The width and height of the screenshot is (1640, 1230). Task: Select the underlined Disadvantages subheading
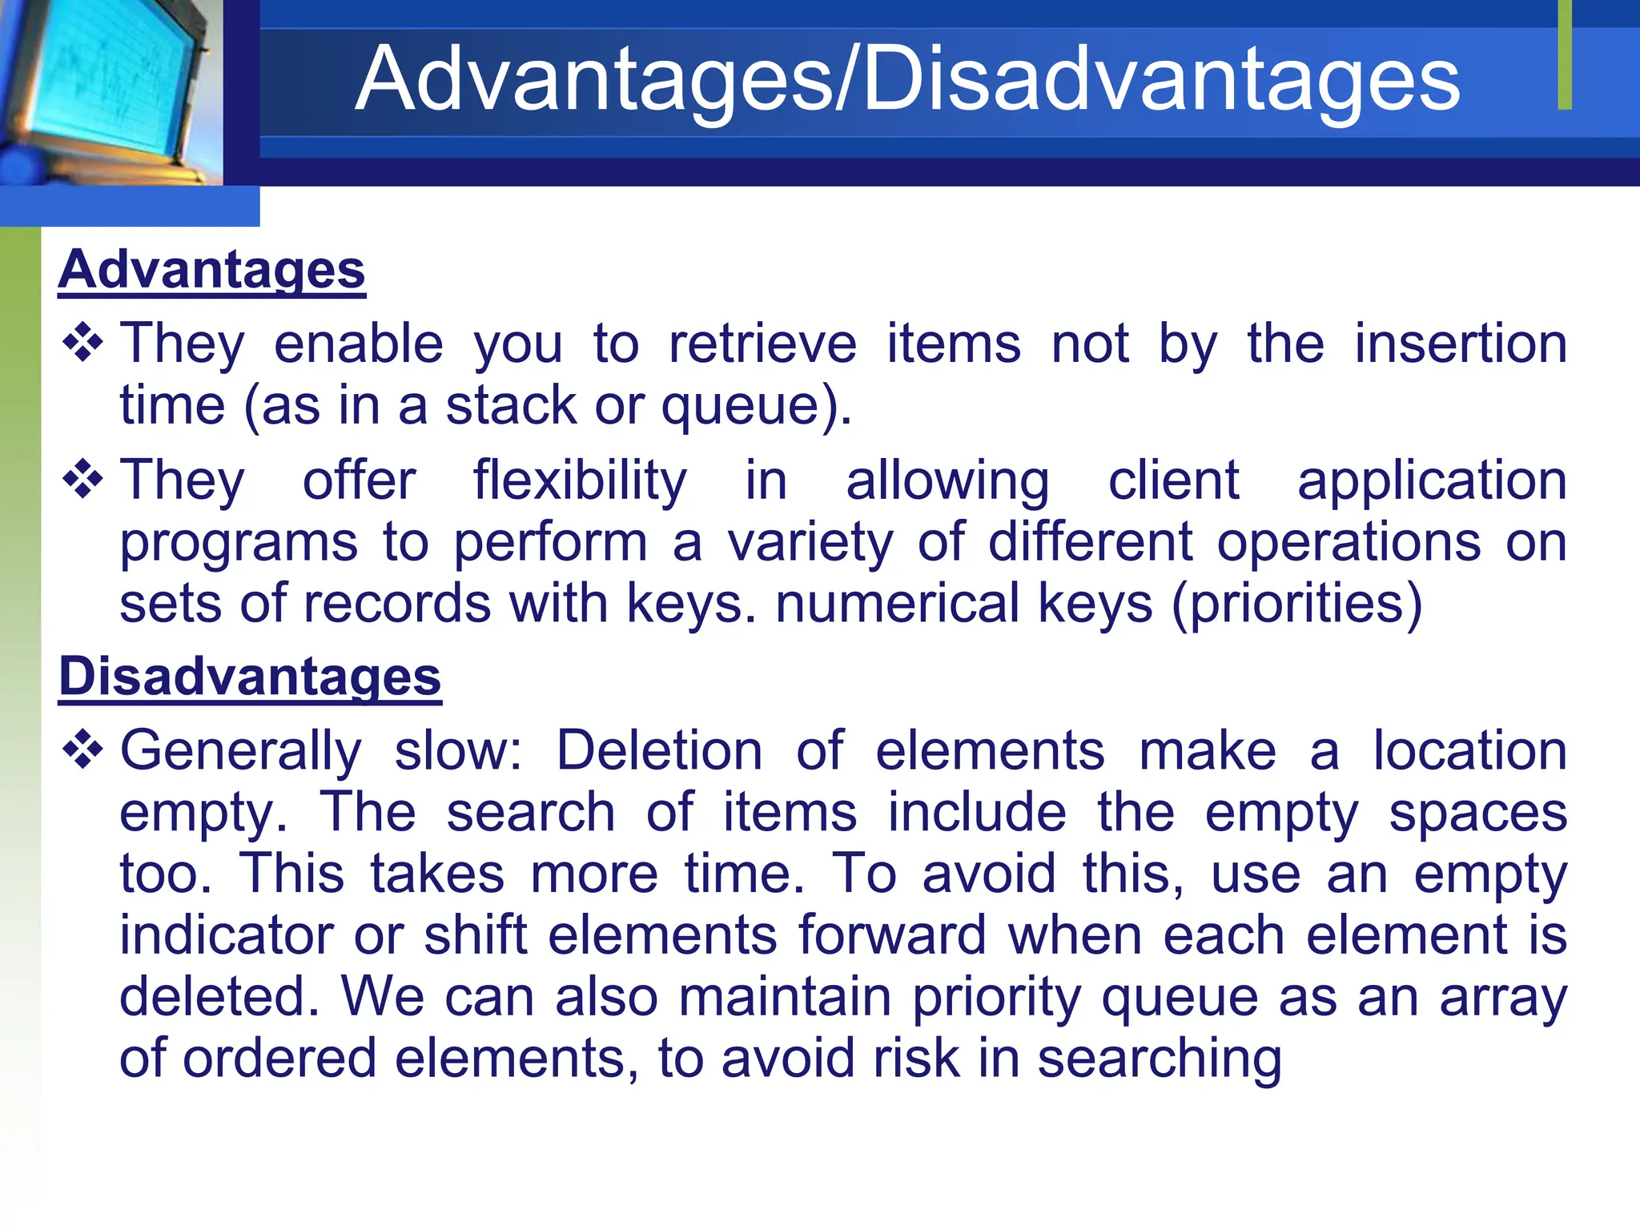coord(250,676)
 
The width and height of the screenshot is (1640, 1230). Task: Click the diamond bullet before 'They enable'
coord(83,344)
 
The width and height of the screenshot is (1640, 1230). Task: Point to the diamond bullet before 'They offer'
coord(83,480)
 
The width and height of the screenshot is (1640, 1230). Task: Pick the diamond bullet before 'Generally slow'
coord(83,750)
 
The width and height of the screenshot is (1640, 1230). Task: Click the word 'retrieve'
coord(762,344)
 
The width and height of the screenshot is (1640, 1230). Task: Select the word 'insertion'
coord(1461,344)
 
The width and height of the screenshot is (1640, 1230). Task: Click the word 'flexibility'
coord(579,480)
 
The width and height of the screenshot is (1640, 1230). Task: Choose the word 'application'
coord(1432,480)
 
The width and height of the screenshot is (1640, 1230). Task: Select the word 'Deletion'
coord(659,751)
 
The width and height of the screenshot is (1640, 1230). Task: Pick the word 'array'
coord(1503,998)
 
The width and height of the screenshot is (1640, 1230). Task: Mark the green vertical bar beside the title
coord(1565,54)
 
